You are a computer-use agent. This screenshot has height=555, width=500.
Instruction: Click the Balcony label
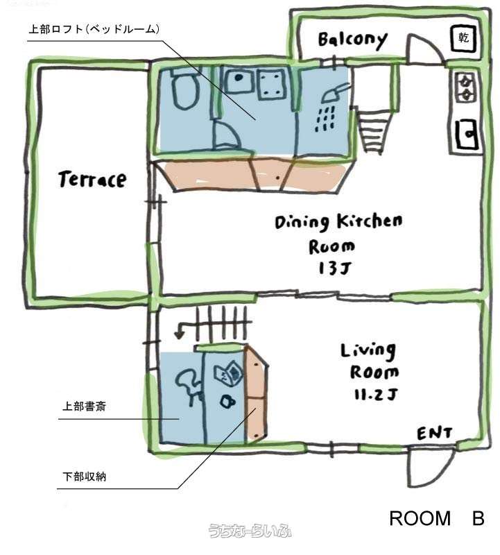tap(352, 40)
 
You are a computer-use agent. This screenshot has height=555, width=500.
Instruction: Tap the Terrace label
tap(92, 179)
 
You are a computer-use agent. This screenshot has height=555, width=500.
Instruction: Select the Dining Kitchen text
tap(338, 222)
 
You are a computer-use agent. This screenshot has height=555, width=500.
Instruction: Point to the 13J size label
tap(334, 268)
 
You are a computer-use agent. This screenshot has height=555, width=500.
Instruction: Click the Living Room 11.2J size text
tap(375, 394)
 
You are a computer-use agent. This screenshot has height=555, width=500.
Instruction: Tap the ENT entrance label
tap(435, 433)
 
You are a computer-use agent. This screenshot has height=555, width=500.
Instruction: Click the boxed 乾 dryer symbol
tap(463, 38)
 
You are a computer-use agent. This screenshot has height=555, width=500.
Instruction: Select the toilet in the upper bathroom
tap(184, 89)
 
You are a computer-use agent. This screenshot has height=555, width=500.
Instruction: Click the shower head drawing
tap(335, 93)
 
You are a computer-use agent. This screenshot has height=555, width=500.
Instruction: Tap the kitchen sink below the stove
tap(467, 135)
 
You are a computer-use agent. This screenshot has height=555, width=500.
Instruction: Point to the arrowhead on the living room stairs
tap(179, 334)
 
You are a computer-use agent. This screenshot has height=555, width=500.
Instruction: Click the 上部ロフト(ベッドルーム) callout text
tap(94, 29)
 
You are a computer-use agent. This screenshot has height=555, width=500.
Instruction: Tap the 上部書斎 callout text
tap(84, 406)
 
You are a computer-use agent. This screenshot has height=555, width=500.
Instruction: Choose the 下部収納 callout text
tap(84, 477)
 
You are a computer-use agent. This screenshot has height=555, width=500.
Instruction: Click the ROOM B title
tap(437, 518)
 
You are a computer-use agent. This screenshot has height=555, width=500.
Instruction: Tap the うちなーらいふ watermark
tap(250, 531)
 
